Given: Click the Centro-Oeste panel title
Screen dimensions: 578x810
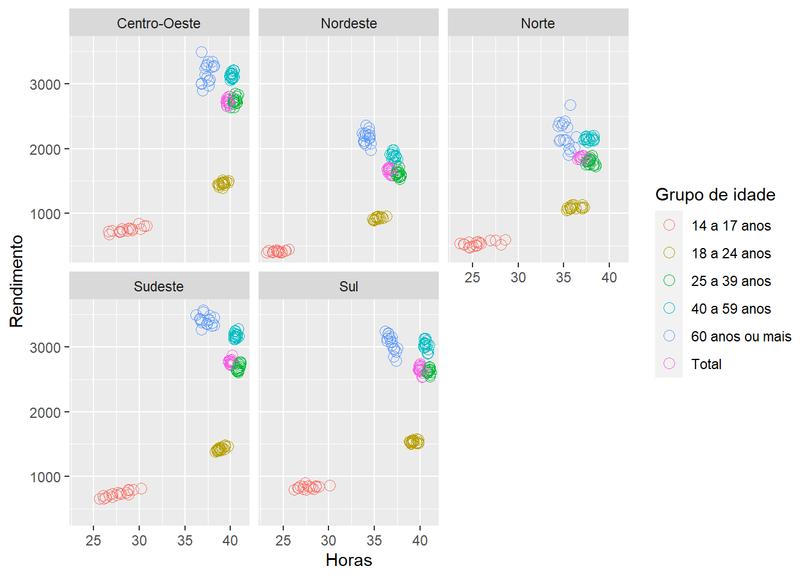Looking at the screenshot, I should [159, 23].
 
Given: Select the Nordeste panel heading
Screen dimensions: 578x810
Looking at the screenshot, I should [348, 23].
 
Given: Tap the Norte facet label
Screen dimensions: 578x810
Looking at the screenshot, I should [538, 23].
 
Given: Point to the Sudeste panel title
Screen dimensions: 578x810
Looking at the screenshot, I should [159, 287].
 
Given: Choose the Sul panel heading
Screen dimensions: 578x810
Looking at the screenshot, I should [348, 287].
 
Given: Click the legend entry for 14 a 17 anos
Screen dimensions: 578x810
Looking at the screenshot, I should [730, 226].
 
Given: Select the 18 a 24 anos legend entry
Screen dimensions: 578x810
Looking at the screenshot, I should [730, 253].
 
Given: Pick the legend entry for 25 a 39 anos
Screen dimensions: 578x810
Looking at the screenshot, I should [730, 281].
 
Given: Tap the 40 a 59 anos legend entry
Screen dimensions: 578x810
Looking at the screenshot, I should [730, 309].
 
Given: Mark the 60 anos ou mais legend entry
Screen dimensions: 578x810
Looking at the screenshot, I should [741, 337].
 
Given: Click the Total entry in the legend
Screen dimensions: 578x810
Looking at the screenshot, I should [706, 364].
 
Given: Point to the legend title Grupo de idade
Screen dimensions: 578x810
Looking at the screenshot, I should [715, 194].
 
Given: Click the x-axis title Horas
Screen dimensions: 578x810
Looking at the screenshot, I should [348, 560].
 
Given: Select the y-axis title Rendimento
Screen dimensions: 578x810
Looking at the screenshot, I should [16, 281].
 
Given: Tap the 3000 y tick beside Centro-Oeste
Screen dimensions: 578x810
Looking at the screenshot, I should [45, 84].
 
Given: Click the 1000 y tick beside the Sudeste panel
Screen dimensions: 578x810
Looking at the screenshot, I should [45, 477].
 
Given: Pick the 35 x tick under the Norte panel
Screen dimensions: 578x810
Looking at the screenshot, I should [564, 278].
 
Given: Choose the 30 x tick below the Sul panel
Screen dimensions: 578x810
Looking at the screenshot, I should [328, 541].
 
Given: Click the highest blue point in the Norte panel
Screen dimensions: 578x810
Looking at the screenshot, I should [570, 105].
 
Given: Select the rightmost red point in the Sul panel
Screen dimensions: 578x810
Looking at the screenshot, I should [330, 486].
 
